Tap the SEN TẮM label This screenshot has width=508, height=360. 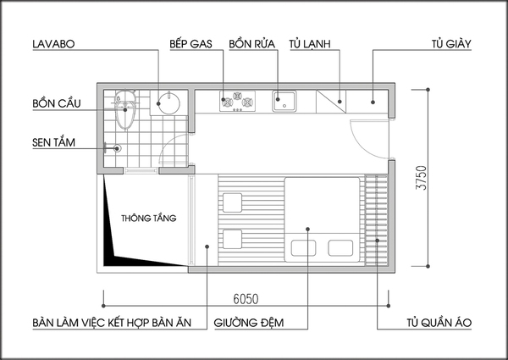pos(31,142)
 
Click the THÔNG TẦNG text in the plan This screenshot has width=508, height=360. pos(148,218)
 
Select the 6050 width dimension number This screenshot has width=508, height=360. pos(246,298)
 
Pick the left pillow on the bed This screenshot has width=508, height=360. pos(302,248)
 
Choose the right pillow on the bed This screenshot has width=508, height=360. pos(341,248)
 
